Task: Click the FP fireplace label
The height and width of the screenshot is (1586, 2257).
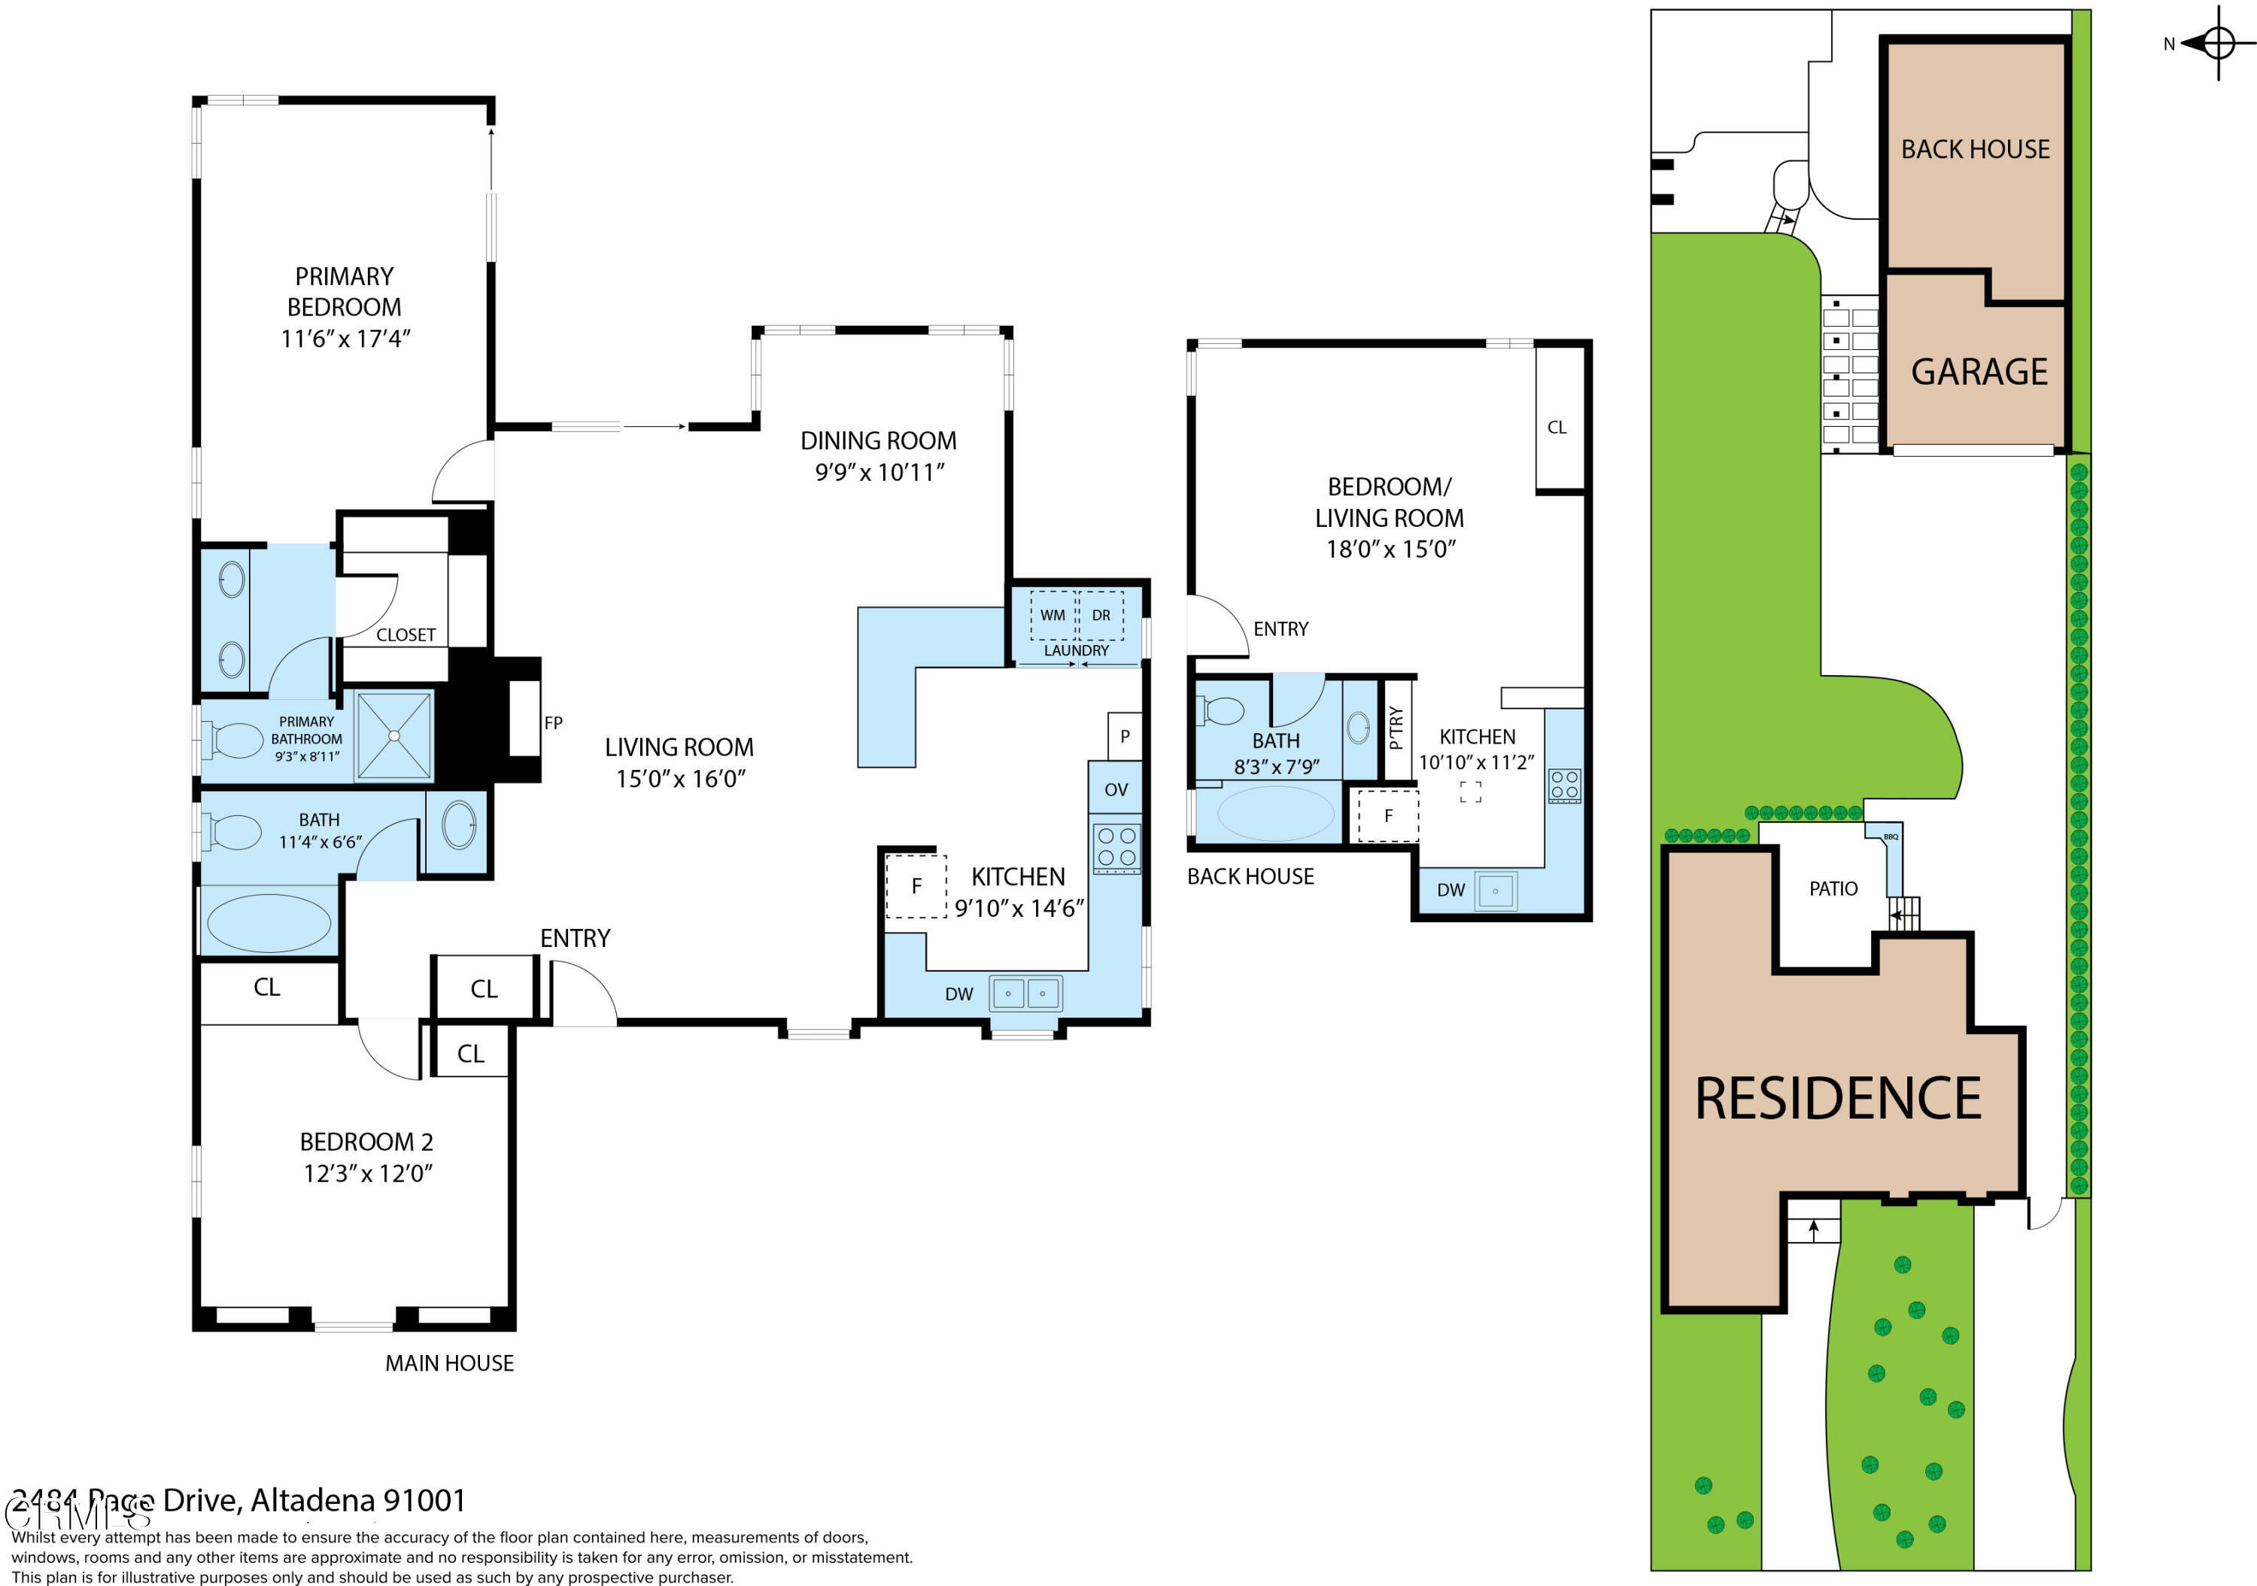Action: coord(554,723)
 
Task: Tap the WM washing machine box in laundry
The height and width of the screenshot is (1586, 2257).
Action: coord(1053,616)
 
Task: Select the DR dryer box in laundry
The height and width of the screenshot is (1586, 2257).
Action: coord(1101,616)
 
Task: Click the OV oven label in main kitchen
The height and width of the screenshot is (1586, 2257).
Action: coord(1116,790)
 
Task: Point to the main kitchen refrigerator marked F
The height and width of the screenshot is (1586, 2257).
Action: coord(916,887)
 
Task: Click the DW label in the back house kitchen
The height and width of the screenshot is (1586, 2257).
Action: coord(1451,890)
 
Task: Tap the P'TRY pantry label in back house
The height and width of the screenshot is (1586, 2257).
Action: coord(1397,728)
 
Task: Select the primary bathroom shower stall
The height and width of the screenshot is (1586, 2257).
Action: coord(393,735)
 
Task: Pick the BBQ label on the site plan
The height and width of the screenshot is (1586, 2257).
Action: coord(1891,837)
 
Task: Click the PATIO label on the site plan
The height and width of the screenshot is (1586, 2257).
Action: coord(1833,889)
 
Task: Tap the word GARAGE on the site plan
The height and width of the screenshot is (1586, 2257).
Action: coord(1979,372)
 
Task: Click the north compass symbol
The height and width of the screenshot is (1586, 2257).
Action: coord(2218,43)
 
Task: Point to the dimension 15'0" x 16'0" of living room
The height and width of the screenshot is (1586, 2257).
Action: coord(680,779)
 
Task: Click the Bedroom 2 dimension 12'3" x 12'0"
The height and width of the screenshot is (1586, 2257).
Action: coord(368,1173)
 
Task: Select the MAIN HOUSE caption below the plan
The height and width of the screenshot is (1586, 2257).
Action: coord(449,1362)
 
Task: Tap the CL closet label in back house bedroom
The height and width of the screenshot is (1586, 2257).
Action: coord(1557,427)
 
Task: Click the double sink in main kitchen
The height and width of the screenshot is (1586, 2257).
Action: coord(1025,993)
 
